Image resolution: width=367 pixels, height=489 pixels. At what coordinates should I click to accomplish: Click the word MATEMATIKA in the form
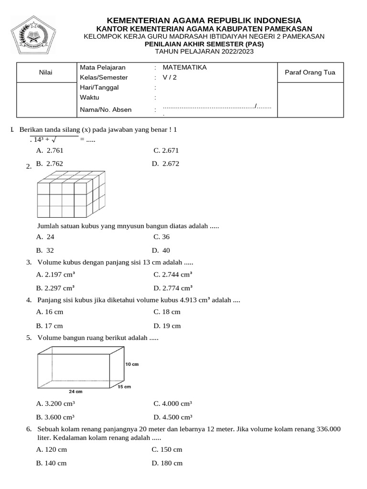[x=184, y=67]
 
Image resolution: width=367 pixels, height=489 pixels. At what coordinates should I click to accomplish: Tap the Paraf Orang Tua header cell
[x=310, y=73]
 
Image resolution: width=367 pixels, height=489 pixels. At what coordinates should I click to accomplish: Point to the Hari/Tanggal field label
[x=99, y=87]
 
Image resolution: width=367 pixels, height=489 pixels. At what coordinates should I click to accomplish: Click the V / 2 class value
[x=170, y=77]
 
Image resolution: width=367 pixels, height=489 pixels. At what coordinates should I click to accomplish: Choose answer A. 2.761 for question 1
[x=50, y=150]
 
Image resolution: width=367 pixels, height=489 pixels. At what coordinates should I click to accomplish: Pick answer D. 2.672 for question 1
[x=165, y=163]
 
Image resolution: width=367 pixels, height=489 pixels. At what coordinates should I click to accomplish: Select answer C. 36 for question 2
[x=162, y=237]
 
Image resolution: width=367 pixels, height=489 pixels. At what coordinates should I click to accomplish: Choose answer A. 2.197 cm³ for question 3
[x=55, y=275]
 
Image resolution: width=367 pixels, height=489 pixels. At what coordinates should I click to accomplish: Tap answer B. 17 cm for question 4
[x=50, y=326]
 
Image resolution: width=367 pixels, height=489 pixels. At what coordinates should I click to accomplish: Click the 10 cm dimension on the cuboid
[x=132, y=364]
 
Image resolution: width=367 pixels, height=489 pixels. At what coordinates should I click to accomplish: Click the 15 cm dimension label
[x=124, y=386]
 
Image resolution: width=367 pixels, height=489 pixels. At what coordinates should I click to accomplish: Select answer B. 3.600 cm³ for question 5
[x=55, y=417]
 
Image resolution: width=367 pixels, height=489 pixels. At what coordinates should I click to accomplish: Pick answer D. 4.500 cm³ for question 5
[x=173, y=417]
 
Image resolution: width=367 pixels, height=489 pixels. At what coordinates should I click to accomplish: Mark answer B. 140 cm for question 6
[x=51, y=463]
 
